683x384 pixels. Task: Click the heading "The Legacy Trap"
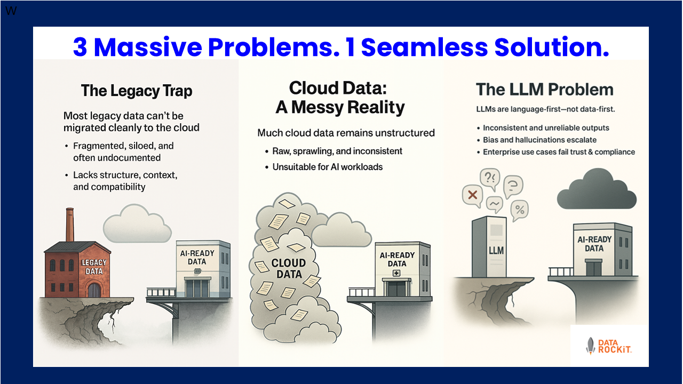(x=136, y=91)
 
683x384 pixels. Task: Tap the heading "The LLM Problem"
(x=544, y=90)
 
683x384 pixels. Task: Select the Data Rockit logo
(x=609, y=346)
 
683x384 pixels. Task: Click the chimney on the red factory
(x=70, y=224)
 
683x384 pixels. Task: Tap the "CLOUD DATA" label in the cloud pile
(x=288, y=268)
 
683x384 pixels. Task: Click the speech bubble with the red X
(x=472, y=195)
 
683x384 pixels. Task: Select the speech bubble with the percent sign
(x=519, y=210)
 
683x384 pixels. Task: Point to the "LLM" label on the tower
(x=496, y=250)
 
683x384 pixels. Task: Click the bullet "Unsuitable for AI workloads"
(x=328, y=167)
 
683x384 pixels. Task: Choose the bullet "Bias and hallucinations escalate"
(x=539, y=140)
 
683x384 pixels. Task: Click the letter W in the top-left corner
(x=10, y=11)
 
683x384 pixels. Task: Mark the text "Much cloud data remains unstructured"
(x=346, y=133)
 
